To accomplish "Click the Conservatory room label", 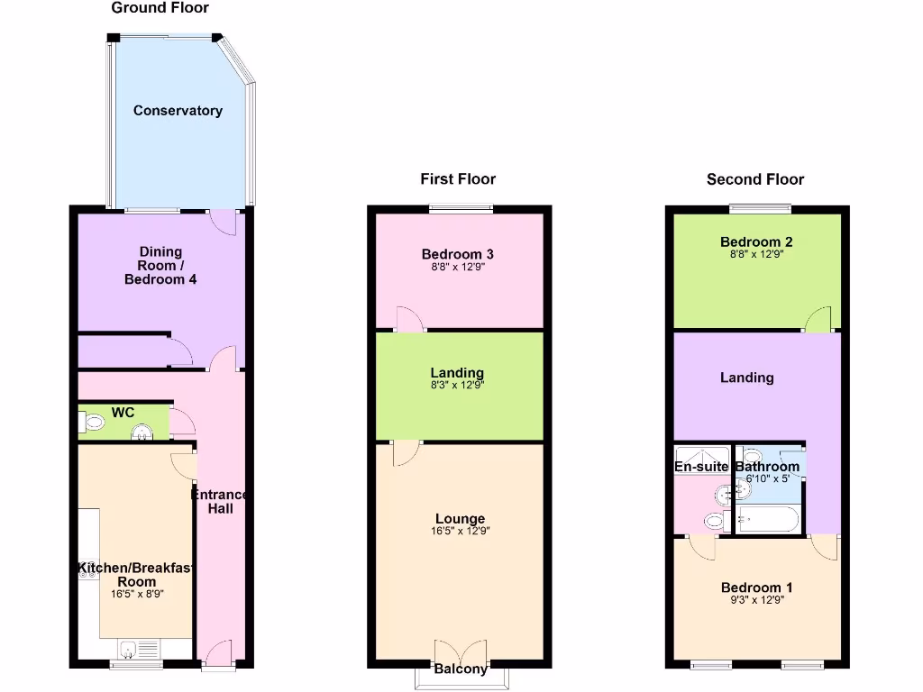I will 178,111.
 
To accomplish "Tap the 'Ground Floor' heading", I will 160,8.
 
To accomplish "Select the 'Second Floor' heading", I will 754,179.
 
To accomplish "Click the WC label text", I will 123,413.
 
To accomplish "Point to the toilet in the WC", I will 91,422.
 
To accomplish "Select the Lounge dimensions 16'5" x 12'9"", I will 460,532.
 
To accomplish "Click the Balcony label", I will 461,669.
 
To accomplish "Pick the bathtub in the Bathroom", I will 766,519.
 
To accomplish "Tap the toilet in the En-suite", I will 715,520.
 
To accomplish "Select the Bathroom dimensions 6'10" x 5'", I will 763,478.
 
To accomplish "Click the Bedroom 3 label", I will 460,254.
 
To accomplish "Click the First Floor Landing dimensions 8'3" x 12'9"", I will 457,385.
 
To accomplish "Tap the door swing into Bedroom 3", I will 408,319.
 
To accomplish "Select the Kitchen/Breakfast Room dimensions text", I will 137,594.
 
